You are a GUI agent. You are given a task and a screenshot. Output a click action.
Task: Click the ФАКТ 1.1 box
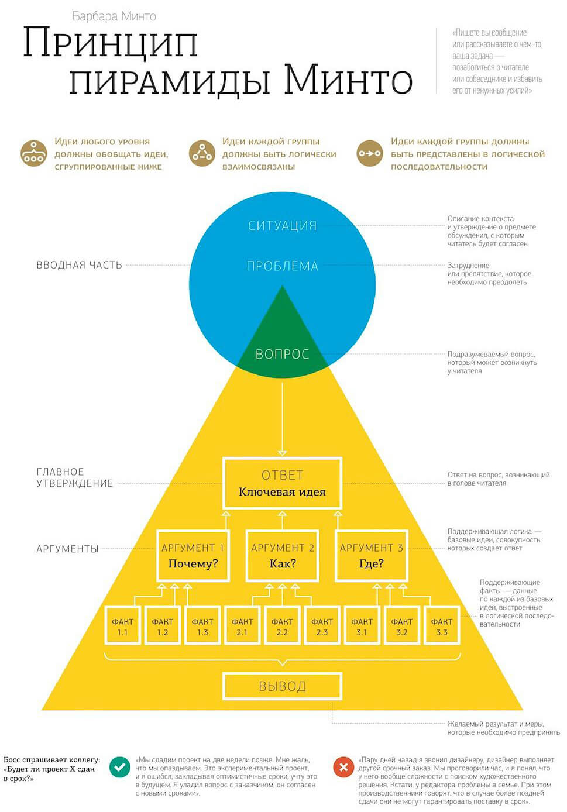tap(122, 627)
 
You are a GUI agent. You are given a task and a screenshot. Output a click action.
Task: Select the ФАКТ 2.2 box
tap(282, 627)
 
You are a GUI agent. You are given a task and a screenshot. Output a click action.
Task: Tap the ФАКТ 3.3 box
tap(442, 627)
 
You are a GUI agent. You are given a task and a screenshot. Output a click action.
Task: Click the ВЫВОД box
tap(283, 686)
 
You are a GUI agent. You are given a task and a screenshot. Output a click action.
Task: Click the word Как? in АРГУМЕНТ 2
tap(283, 564)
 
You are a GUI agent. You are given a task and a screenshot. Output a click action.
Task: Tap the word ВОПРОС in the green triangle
tap(283, 354)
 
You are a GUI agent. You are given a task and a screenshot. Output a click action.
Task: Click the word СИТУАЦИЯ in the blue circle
tap(283, 226)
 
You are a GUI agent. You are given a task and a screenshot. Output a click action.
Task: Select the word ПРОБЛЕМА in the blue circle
tap(283, 266)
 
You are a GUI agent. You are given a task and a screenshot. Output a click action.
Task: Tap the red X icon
tap(343, 767)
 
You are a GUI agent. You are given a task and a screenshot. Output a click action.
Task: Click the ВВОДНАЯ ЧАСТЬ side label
tap(79, 265)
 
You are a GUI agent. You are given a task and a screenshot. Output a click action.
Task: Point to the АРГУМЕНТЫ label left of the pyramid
tap(67, 549)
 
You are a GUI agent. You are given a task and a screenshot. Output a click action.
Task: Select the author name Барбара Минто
tap(114, 16)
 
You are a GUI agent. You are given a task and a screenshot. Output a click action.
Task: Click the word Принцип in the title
tap(111, 43)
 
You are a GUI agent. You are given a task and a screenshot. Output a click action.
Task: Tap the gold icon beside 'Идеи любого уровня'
tap(34, 154)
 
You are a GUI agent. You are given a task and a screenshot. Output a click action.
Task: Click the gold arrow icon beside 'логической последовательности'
tap(370, 154)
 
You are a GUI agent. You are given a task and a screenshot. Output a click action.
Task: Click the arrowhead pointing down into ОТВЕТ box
tap(283, 453)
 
